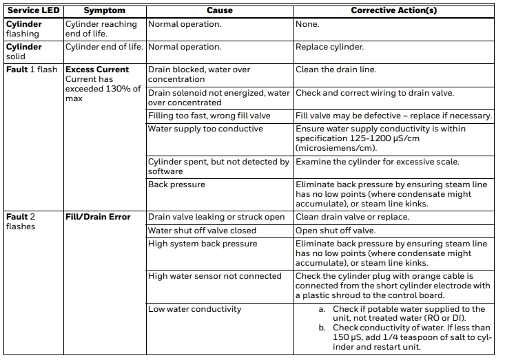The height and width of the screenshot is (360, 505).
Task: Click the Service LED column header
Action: tap(32, 11)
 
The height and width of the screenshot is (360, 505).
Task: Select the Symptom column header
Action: tap(104, 11)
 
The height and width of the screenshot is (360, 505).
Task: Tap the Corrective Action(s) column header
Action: tap(393, 11)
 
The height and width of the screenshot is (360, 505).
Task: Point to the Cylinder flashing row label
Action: tap(24, 29)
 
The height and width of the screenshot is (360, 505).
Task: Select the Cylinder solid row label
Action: tap(24, 52)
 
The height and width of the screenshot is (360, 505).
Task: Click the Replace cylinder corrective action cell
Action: tap(329, 47)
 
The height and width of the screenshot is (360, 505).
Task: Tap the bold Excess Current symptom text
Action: tap(97, 70)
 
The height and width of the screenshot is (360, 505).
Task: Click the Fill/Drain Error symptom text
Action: tap(98, 217)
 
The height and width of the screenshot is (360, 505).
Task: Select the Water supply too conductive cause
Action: tap(205, 129)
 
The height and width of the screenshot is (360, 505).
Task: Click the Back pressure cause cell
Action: tap(176, 184)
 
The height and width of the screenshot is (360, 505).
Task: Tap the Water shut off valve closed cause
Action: tap(202, 231)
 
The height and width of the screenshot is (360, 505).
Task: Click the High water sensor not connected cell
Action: tap(215, 276)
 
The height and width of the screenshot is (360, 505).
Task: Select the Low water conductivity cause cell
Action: tap(195, 309)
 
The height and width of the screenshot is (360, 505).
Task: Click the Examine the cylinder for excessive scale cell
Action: tap(377, 162)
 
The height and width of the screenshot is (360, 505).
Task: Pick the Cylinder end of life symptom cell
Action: tap(104, 47)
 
